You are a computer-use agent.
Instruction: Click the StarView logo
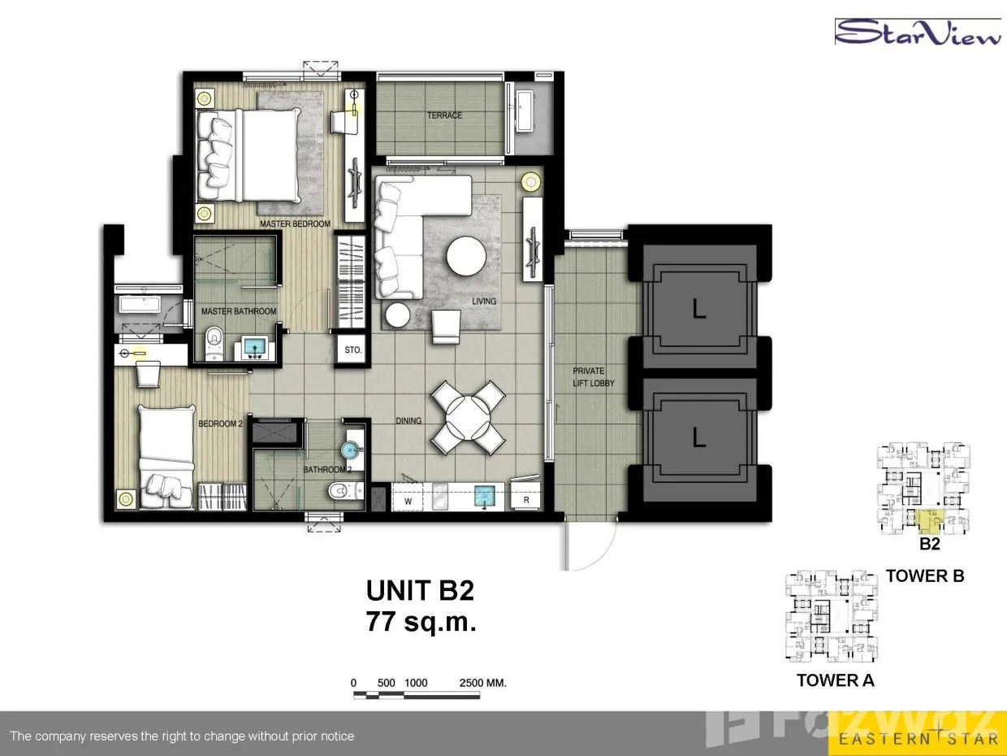tap(918, 33)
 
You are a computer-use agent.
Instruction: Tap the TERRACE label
tap(444, 115)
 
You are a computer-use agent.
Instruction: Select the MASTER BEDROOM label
tap(295, 224)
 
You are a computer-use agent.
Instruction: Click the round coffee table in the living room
tap(466, 256)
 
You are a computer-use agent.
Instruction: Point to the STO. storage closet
tap(352, 350)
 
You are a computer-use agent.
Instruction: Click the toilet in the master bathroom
tap(214, 342)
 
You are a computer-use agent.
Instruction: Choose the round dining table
tap(468, 418)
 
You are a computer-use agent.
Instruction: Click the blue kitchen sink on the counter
tap(485, 496)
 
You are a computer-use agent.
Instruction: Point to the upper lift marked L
tap(698, 309)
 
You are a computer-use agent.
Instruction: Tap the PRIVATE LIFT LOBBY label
tap(593, 377)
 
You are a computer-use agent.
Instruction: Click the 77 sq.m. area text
tap(421, 623)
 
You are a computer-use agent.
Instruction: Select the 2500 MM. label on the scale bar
tap(482, 683)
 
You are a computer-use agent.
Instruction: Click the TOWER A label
tap(835, 680)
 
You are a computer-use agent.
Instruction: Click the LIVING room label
tap(484, 301)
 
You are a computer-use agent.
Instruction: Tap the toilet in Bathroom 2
tap(346, 492)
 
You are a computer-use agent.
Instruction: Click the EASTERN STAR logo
tap(918, 739)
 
